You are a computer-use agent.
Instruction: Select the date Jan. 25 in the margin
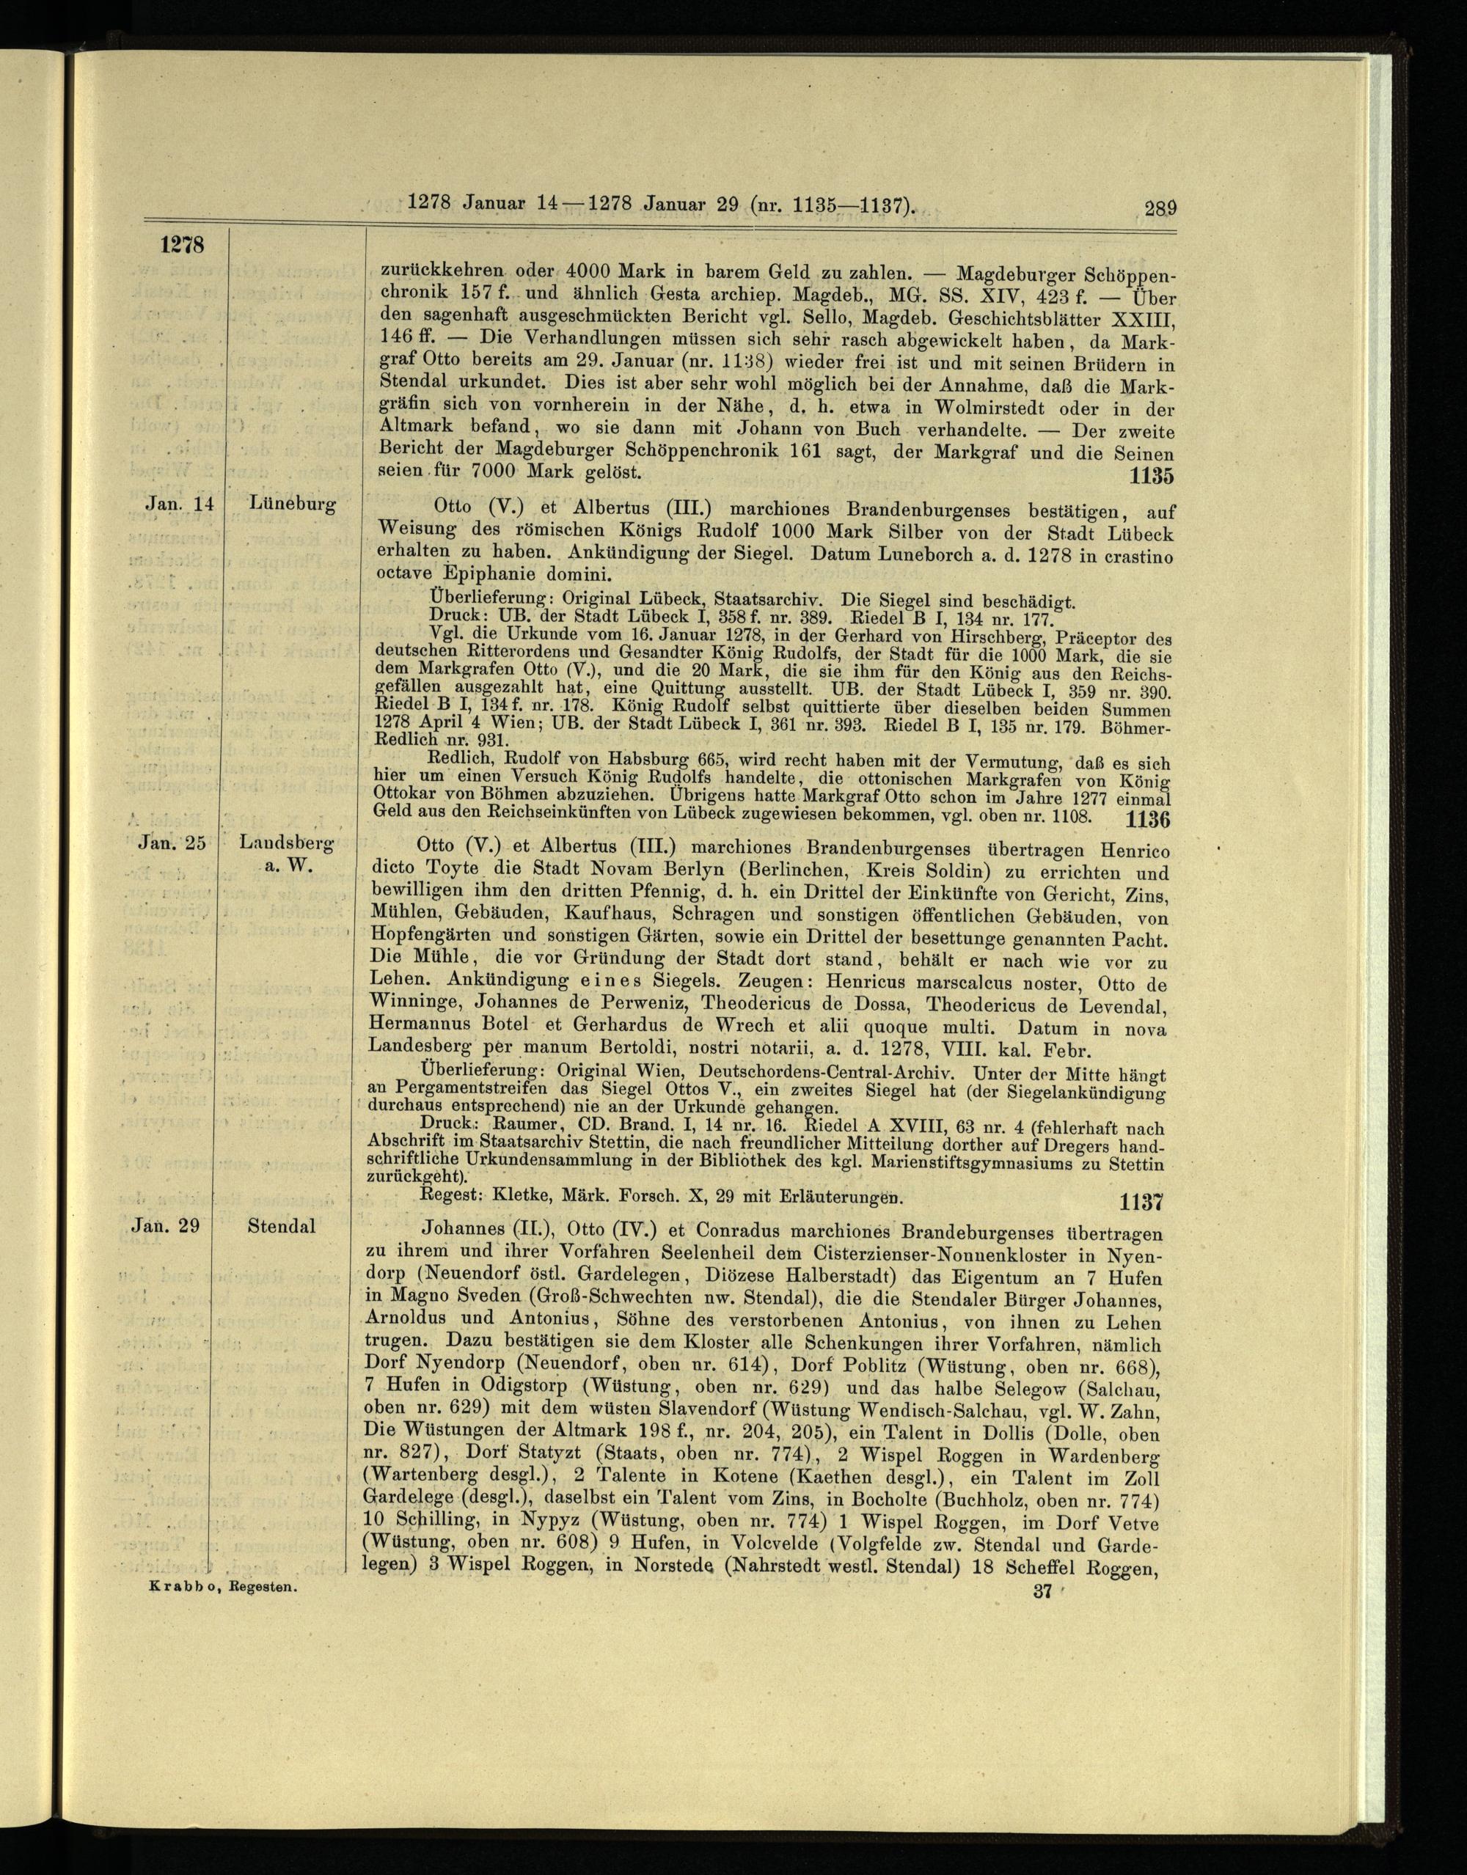(172, 843)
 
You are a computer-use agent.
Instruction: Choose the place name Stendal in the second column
(281, 1226)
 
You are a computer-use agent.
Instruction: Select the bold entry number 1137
(1141, 1201)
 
